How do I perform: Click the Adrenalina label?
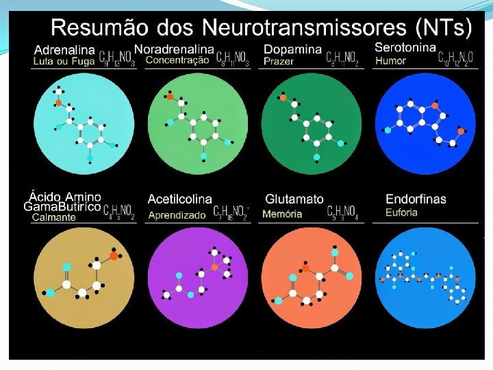(x=64, y=50)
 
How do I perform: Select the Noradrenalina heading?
(x=174, y=49)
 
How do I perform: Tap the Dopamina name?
(x=292, y=49)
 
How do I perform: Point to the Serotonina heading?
(x=405, y=47)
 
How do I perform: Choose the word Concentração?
(x=177, y=60)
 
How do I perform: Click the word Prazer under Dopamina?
(x=279, y=61)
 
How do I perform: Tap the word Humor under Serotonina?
(x=390, y=60)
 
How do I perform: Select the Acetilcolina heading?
(x=179, y=199)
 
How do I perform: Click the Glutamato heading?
(x=294, y=199)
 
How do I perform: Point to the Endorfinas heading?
(x=416, y=199)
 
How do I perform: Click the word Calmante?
(x=54, y=217)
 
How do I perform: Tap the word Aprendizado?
(x=177, y=214)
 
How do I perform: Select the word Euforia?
(x=401, y=212)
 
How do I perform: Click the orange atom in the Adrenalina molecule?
(x=59, y=103)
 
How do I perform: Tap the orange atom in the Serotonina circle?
(x=461, y=131)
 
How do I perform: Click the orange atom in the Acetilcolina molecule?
(x=215, y=267)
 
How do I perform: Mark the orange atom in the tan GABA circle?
(x=114, y=256)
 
